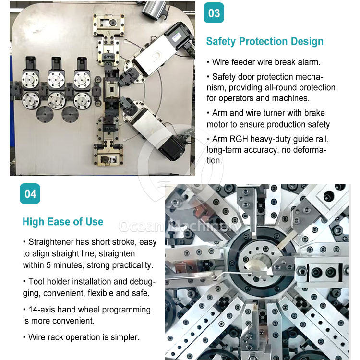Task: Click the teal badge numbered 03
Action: coord(214,13)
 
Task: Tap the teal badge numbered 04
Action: coord(30,194)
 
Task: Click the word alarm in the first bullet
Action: coord(309,62)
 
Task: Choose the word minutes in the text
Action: coord(69,265)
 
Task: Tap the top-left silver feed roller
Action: coord(30,79)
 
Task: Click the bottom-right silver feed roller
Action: coord(82,101)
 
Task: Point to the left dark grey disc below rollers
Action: coord(45,114)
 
